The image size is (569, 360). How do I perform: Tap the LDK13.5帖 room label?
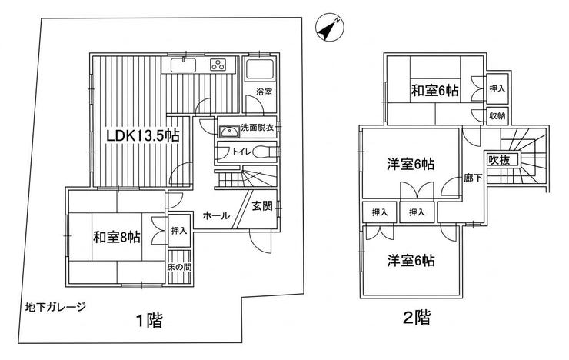tap(142, 135)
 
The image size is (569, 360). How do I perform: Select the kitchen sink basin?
tap(184, 65)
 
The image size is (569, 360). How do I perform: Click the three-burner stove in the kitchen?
tap(218, 65)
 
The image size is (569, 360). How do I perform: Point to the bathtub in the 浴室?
tap(260, 68)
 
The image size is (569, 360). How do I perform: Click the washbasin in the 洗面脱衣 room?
tap(229, 132)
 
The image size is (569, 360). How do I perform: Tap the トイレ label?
tap(242, 152)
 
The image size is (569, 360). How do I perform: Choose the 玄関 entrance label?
tap(262, 206)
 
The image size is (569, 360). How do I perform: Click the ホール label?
tap(216, 216)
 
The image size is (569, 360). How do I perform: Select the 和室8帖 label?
tap(117, 237)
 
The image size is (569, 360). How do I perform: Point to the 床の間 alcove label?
tap(179, 267)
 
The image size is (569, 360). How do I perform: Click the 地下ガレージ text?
tap(55, 308)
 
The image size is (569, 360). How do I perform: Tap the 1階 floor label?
tap(149, 321)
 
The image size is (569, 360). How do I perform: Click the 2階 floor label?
tap(417, 318)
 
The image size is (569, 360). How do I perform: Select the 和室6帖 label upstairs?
tap(434, 90)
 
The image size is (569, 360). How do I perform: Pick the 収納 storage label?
tap(497, 116)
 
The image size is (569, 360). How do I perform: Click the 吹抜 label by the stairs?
tap(499, 160)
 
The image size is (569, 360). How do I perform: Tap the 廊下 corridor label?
tap(473, 178)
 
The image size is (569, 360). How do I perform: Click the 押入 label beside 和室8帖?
tap(179, 230)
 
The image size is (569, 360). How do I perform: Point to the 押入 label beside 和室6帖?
tap(497, 88)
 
